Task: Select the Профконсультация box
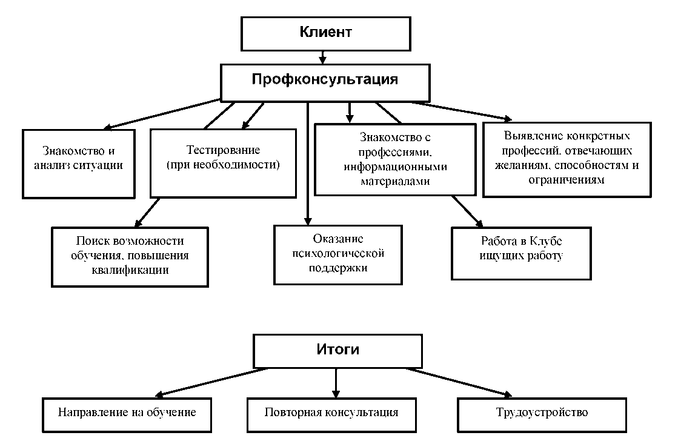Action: [325, 82]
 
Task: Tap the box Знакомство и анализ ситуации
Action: [78, 164]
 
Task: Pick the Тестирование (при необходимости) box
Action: [223, 162]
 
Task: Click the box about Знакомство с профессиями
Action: [394, 159]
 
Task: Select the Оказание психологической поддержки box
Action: [337, 254]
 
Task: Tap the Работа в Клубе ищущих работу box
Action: [521, 253]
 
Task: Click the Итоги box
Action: [337, 351]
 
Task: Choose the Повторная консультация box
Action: [331, 413]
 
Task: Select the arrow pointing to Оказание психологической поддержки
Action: [308, 164]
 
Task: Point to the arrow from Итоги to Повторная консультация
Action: [336, 382]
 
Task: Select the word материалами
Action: [394, 181]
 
